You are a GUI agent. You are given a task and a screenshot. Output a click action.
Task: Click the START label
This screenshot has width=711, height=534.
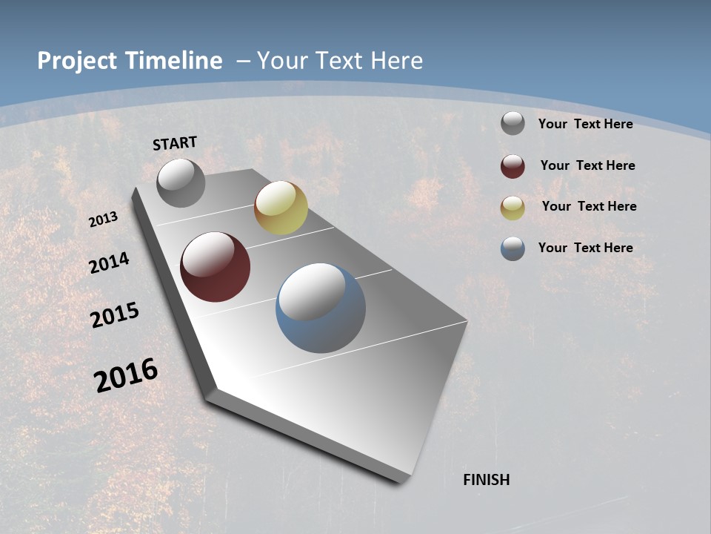pos(175,143)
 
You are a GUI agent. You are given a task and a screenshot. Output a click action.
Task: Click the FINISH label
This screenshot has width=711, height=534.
pos(486,480)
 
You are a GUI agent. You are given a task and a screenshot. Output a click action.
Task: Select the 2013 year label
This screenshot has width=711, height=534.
pos(104,219)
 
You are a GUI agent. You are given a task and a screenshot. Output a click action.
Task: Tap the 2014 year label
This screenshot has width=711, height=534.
pos(109,263)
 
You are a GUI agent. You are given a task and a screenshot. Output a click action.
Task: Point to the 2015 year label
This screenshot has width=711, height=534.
pos(115,314)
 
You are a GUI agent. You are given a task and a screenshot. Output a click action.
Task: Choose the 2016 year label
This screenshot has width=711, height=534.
pos(126,375)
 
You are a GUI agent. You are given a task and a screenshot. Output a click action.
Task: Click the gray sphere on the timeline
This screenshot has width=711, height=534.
pos(181,182)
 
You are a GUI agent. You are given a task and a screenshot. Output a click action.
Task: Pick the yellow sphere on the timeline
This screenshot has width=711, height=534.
pos(281,208)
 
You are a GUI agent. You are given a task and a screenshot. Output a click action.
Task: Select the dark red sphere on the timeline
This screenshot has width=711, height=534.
pos(215,267)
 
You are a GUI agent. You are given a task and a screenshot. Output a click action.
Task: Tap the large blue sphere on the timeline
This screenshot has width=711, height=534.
pos(321,308)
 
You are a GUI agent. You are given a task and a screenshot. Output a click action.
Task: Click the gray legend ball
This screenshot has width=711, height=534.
pos(513,124)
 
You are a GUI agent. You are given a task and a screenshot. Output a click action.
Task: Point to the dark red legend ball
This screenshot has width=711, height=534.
pos(513,166)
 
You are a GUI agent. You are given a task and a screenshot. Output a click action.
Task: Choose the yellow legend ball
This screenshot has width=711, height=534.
pos(513,208)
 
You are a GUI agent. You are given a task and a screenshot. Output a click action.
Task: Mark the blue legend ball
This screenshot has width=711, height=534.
pos(513,248)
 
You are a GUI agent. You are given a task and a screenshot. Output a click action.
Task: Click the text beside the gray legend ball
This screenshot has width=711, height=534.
pos(585,124)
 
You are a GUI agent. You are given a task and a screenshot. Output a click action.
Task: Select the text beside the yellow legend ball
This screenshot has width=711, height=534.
pos(589,206)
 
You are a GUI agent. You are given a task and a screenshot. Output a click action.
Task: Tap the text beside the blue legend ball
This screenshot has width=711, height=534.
pos(585,248)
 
